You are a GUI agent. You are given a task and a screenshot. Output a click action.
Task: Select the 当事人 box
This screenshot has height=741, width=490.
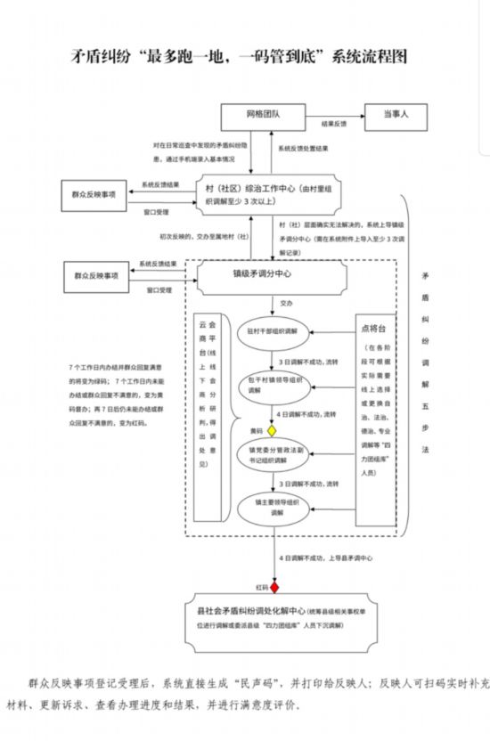[x=396, y=115]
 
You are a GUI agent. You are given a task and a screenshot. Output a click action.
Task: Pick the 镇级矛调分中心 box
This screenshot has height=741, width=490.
[x=273, y=275]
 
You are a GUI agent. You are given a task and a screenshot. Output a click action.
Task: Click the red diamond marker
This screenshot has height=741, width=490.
[x=274, y=588]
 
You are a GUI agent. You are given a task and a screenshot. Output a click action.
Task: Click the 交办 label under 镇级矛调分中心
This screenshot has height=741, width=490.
[x=286, y=303]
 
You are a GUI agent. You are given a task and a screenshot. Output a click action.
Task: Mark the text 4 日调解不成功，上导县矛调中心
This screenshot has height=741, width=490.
[x=325, y=558]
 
